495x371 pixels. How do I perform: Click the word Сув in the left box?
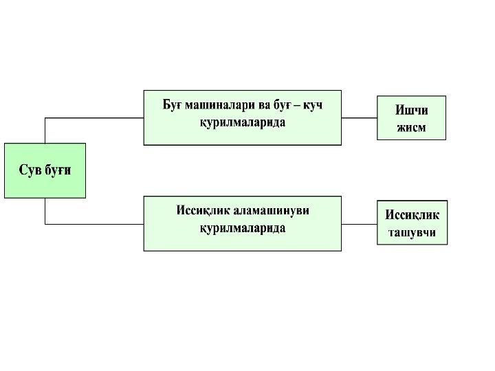click(x=30, y=170)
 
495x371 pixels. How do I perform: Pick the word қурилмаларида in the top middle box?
click(x=242, y=122)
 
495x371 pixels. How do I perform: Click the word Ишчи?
click(x=411, y=110)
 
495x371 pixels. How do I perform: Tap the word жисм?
click(x=411, y=128)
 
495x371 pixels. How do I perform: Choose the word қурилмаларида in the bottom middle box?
click(x=242, y=228)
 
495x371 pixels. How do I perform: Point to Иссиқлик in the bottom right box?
click(x=412, y=214)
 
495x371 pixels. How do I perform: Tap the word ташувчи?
click(x=412, y=232)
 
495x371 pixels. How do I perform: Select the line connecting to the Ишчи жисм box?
click(x=359, y=117)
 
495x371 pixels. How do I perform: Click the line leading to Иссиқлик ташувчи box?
click(x=359, y=224)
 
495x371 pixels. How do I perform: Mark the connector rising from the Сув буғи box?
click(x=45, y=130)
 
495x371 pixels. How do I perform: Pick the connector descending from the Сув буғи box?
click(x=45, y=211)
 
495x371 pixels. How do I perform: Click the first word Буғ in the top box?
click(x=174, y=105)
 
